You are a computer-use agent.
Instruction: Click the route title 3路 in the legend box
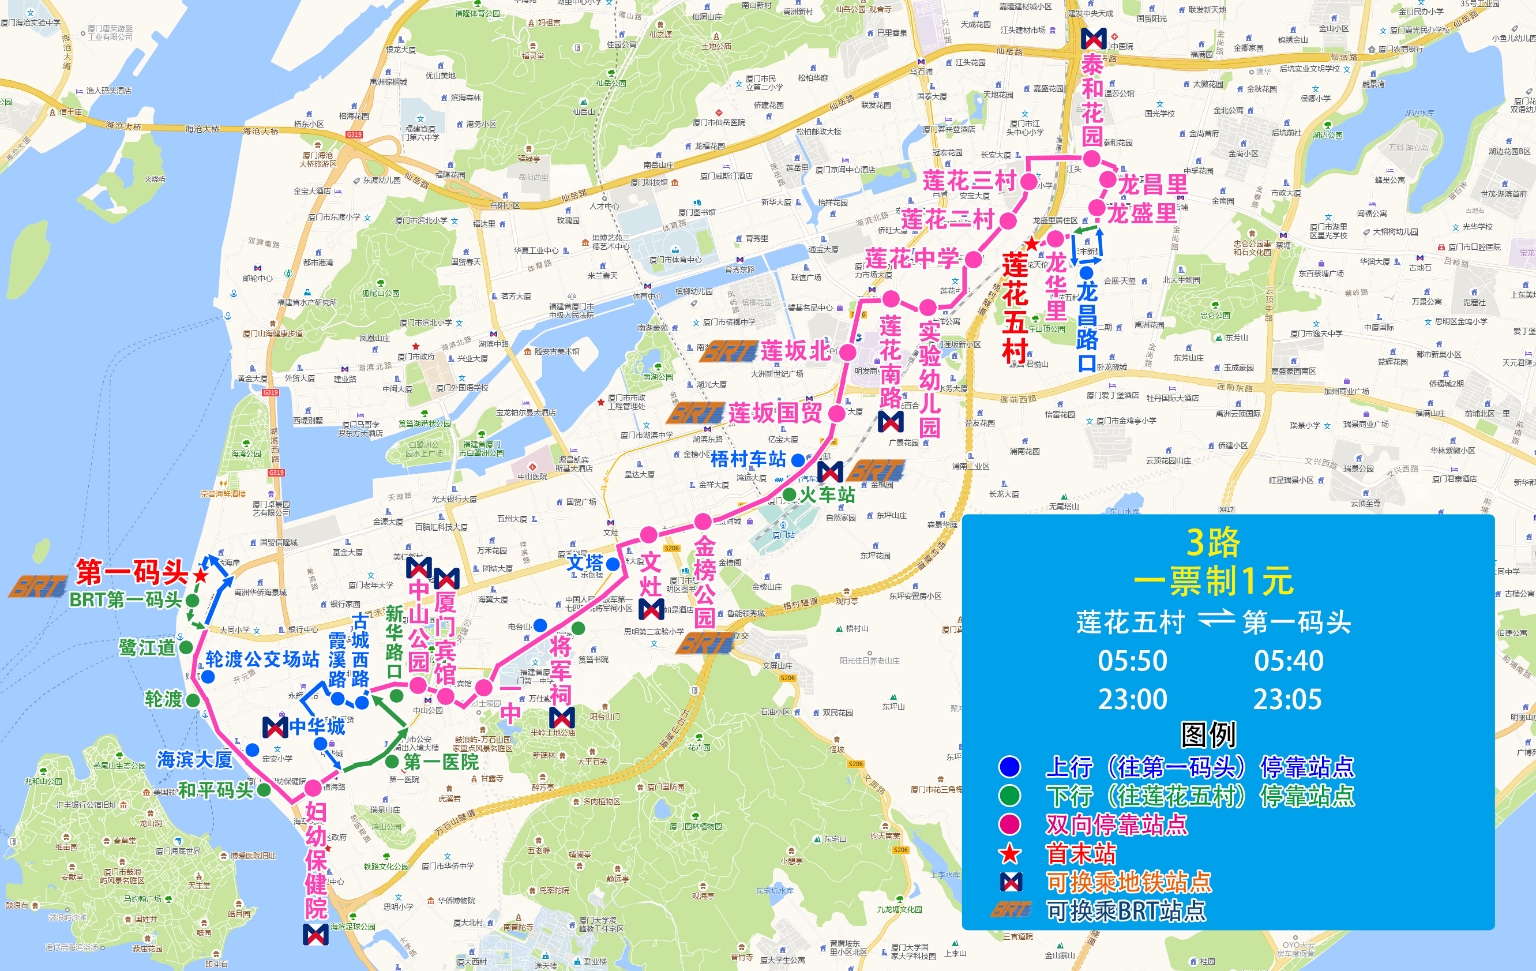pyautogui.click(x=1212, y=543)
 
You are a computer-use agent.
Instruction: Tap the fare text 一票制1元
pyautogui.click(x=1212, y=581)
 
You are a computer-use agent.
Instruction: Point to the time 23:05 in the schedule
pyautogui.click(x=1287, y=700)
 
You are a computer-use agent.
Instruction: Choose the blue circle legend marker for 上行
pyautogui.click(x=1010, y=767)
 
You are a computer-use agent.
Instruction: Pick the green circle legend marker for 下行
pyautogui.click(x=1010, y=796)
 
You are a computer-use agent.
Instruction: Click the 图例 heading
pyautogui.click(x=1208, y=734)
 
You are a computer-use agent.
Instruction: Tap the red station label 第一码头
pyautogui.click(x=132, y=572)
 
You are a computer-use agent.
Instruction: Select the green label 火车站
pyautogui.click(x=827, y=494)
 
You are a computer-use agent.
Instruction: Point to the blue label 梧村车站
pyautogui.click(x=748, y=459)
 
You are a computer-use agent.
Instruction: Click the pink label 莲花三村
pyautogui.click(x=969, y=181)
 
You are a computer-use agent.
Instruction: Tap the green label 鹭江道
pyautogui.click(x=147, y=647)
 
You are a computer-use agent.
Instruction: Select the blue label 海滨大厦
pyautogui.click(x=194, y=760)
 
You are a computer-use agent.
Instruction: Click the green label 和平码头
pyautogui.click(x=216, y=790)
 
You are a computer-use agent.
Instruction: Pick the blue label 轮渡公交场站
pyautogui.click(x=262, y=659)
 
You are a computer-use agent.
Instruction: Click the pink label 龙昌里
pyautogui.click(x=1152, y=185)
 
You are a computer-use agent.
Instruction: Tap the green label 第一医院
pyautogui.click(x=441, y=762)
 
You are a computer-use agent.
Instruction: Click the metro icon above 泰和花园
pyautogui.click(x=1094, y=38)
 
